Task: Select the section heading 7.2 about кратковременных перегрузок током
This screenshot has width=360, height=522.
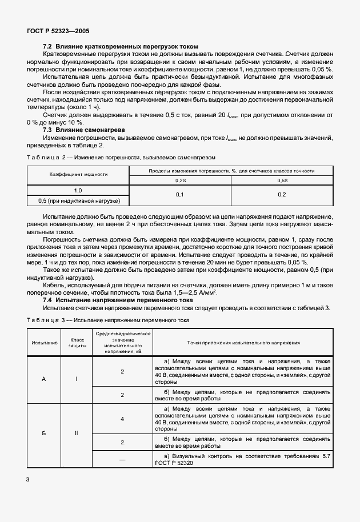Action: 121,46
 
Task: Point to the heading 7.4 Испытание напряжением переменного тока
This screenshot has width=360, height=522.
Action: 118,300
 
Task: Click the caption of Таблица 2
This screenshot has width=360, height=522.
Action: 121,156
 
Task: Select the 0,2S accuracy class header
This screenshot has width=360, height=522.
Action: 180,180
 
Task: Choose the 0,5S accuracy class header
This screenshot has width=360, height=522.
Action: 282,180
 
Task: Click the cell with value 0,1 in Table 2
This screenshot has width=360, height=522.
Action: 180,195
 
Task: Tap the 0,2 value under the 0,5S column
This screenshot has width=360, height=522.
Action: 282,195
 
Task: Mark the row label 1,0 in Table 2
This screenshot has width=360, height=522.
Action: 78,190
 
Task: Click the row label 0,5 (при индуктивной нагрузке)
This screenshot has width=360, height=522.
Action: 78,200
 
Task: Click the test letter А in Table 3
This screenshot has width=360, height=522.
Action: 44,379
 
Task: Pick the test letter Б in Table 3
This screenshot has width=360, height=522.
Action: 44,433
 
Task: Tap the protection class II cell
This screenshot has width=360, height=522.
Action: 77,433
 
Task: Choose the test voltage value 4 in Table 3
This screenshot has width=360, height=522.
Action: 122,419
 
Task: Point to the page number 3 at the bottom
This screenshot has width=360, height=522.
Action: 27,479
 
